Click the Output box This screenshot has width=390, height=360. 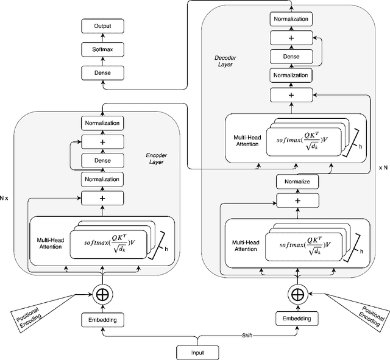[x=102, y=27]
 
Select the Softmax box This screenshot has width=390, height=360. [x=102, y=49]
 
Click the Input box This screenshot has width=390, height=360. [x=199, y=352]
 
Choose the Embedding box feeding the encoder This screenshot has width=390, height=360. [x=101, y=319]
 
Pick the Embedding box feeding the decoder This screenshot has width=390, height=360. [x=297, y=319]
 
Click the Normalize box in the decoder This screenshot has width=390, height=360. [x=297, y=182]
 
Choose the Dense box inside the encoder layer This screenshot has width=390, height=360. [x=101, y=161]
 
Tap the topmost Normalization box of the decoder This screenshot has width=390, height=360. [x=290, y=19]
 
